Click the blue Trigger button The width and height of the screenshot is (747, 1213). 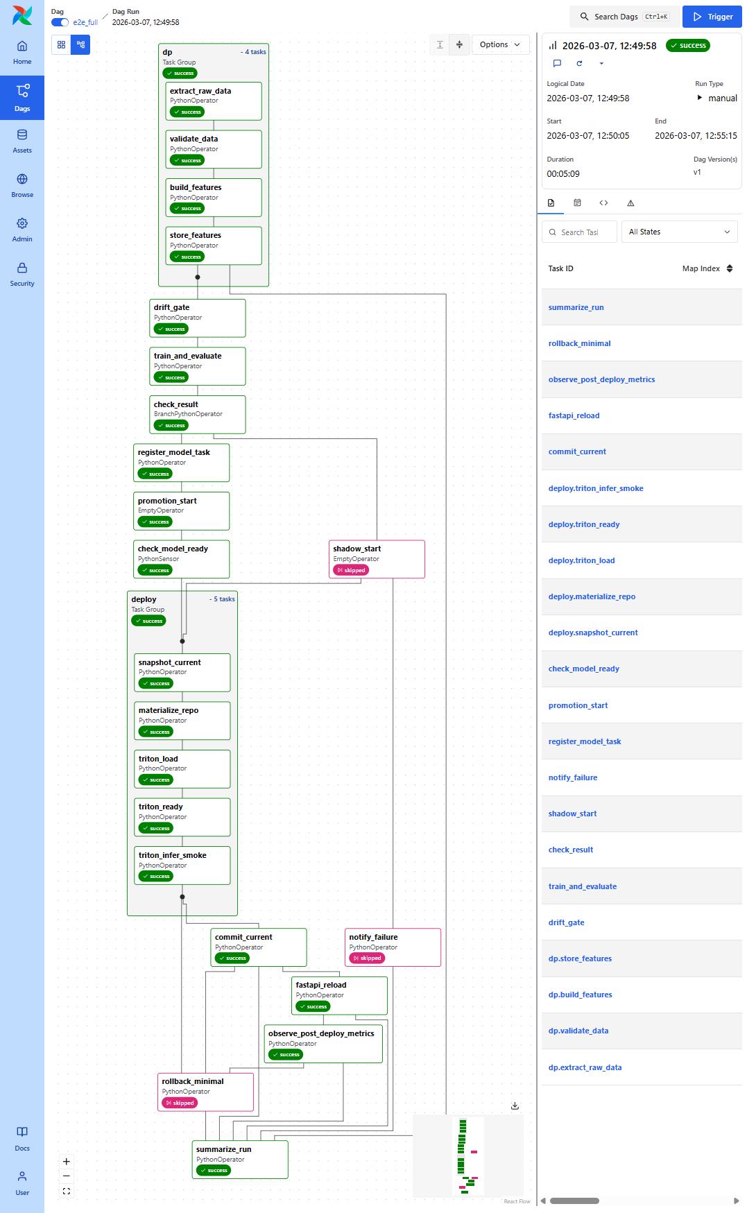[712, 17]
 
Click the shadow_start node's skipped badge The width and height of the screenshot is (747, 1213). [351, 570]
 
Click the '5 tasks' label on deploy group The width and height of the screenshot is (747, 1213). [223, 599]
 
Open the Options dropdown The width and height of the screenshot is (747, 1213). [499, 44]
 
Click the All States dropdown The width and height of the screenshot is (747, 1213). [679, 232]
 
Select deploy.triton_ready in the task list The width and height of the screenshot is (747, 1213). [584, 524]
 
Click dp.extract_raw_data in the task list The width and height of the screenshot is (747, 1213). [585, 1067]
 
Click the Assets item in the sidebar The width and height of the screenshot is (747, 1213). [22, 141]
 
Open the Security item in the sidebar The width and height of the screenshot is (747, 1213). [22, 274]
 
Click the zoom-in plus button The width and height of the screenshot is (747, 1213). [67, 1161]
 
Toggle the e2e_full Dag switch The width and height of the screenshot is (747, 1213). [60, 22]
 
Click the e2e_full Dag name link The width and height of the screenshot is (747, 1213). [85, 22]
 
